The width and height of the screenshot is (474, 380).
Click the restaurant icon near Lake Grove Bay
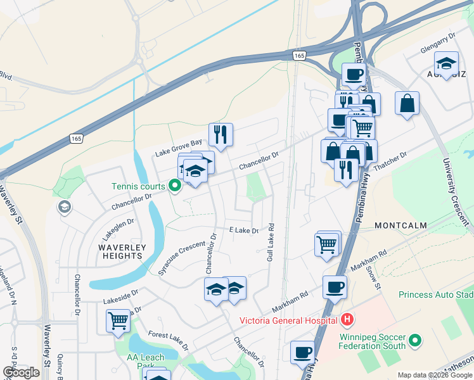coord(221,134)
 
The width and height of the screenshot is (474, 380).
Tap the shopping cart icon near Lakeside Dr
coord(118,321)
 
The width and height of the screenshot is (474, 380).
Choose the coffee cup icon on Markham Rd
coord(335,287)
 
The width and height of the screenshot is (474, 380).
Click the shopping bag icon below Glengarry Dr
coord(407,103)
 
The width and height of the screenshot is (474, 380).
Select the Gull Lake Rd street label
coord(271,243)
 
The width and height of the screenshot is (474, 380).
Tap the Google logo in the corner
coord(21,372)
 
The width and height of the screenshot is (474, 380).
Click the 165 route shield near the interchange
coord(299,56)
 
